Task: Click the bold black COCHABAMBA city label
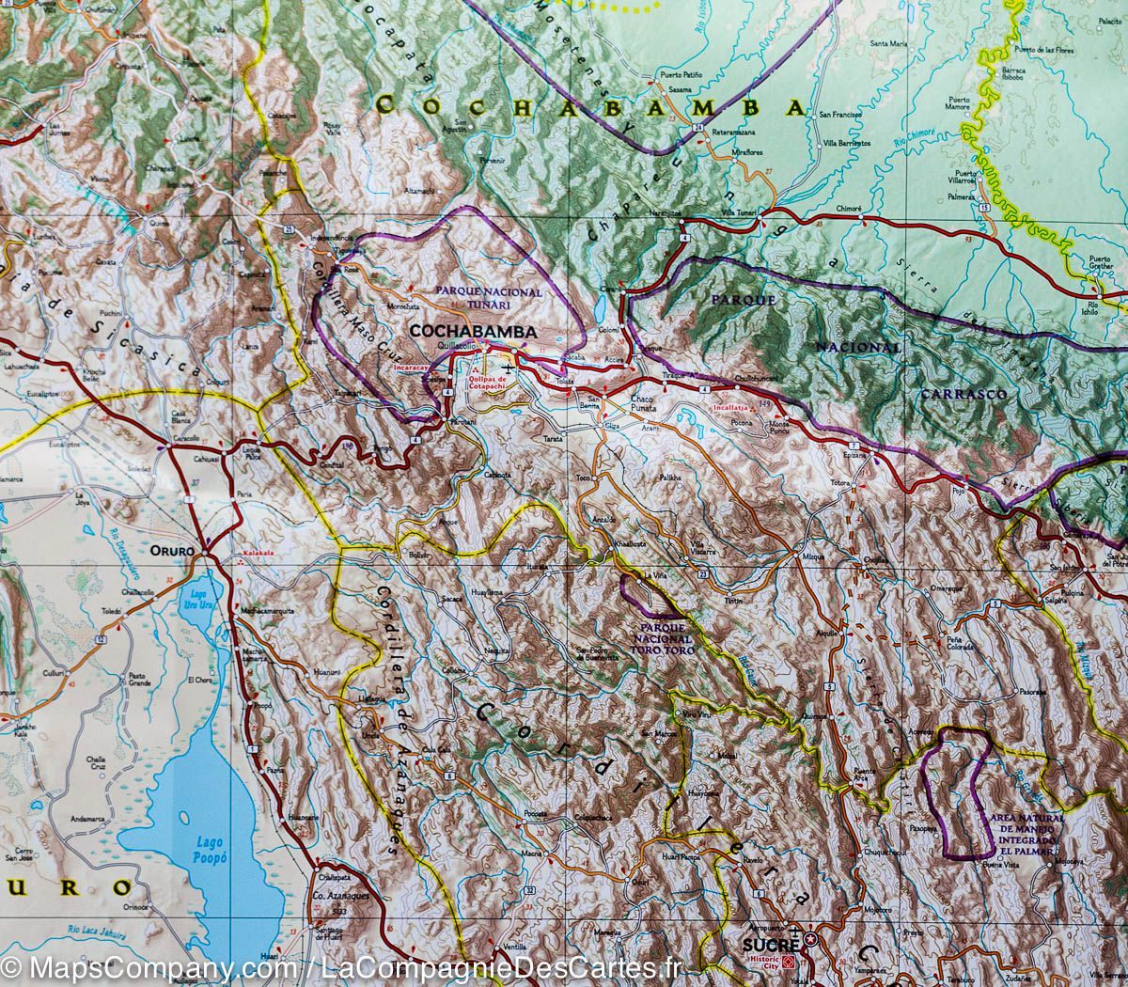click(x=473, y=332)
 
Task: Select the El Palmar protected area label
click(x=1026, y=831)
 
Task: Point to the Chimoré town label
click(x=848, y=208)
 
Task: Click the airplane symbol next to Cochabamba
click(x=509, y=364)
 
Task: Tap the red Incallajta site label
click(x=742, y=411)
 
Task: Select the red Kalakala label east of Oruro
click(x=258, y=554)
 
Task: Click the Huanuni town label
click(x=326, y=672)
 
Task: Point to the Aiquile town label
click(x=826, y=634)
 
